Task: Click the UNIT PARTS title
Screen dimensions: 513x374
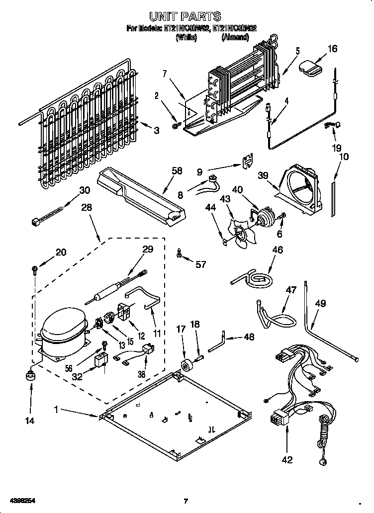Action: [x=186, y=16]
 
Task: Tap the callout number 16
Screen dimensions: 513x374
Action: [x=332, y=48]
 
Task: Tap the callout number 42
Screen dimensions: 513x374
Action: [x=287, y=459]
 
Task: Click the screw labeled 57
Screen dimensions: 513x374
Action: [x=179, y=254]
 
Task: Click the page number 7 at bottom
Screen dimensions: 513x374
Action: [x=186, y=501]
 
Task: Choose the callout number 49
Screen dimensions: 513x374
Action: [x=320, y=303]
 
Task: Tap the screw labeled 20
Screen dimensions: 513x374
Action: [x=34, y=270]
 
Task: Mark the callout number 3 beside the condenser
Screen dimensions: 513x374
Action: [x=156, y=131]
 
